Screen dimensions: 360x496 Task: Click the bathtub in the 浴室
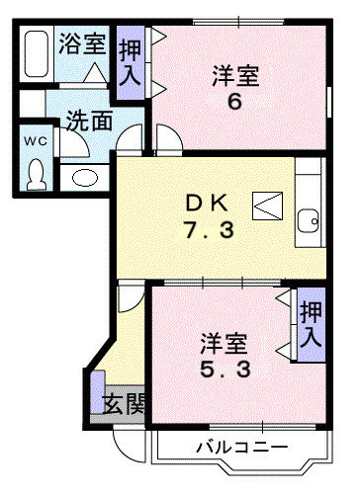tap(37, 53)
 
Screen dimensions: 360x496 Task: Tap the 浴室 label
tap(82, 43)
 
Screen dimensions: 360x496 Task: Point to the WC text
tap(36, 141)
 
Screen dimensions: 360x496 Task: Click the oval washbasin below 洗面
tap(85, 178)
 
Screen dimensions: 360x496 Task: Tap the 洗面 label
tap(89, 121)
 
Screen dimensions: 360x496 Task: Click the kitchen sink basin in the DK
tap(309, 221)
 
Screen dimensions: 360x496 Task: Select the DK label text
tap(207, 203)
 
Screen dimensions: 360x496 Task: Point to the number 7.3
tap(209, 229)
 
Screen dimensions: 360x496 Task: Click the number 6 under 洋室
tap(235, 102)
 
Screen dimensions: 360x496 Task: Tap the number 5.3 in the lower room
tap(225, 369)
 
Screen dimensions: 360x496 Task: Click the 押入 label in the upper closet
tap(131, 63)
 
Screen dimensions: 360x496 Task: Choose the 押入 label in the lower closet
tap(311, 324)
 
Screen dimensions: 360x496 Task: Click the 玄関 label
tap(124, 404)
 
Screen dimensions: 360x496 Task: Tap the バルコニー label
tap(242, 448)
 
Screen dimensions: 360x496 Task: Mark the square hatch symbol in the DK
tap(268, 206)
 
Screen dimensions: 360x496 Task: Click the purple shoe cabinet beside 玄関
tap(98, 392)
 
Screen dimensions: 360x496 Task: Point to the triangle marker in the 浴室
tap(95, 72)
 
